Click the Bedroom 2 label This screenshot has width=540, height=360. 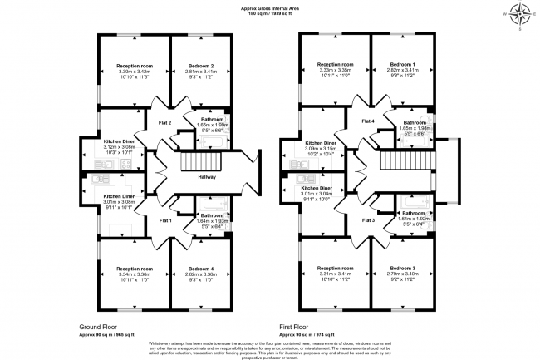pyautogui.click(x=201, y=66)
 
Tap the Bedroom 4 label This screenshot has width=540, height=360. pyautogui.click(x=201, y=269)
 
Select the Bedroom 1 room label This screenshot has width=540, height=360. pyautogui.click(x=403, y=65)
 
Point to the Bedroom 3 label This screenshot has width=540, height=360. pyautogui.click(x=402, y=269)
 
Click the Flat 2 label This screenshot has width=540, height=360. pyautogui.click(x=164, y=123)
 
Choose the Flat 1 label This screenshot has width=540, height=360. pyautogui.click(x=164, y=220)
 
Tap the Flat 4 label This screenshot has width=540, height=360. pyautogui.click(x=366, y=122)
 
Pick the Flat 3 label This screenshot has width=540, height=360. pyautogui.click(x=368, y=220)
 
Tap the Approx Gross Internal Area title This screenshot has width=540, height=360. pyautogui.click(x=270, y=7)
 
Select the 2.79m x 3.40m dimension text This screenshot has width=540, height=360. pyautogui.click(x=402, y=275)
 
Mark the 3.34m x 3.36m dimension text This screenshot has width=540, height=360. pyautogui.click(x=135, y=275)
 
